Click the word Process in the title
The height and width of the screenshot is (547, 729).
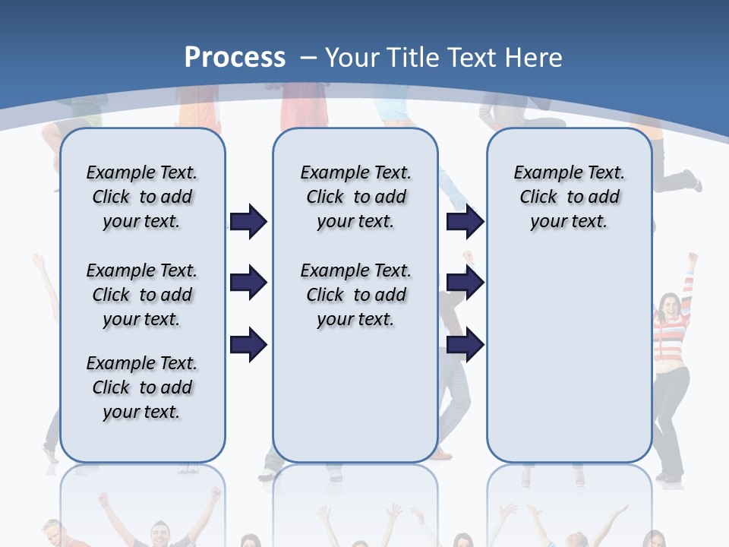[x=235, y=58]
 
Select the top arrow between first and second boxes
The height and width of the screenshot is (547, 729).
[x=248, y=221]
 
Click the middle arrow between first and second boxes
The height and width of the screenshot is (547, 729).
[x=248, y=283]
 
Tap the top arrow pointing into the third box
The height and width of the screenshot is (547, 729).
[x=465, y=221]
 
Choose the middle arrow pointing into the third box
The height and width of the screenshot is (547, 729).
[x=465, y=283]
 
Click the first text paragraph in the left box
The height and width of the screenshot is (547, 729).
[x=142, y=197]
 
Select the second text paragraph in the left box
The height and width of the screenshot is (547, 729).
[x=142, y=295]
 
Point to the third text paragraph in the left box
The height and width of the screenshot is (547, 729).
[x=142, y=387]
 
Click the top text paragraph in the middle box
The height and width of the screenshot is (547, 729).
[x=355, y=197]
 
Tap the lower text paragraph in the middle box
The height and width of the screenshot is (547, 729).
[x=355, y=295]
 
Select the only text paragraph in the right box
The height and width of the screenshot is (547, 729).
[x=569, y=197]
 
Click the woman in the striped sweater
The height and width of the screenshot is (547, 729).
[x=671, y=357]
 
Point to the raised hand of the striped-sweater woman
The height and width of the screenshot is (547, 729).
[x=692, y=259]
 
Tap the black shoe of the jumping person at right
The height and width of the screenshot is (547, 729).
[x=691, y=181]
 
